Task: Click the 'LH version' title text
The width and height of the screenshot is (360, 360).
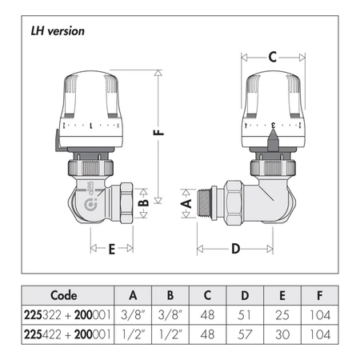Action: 58,31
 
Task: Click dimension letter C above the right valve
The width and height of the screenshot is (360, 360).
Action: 273,57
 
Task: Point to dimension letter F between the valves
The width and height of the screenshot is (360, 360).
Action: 158,132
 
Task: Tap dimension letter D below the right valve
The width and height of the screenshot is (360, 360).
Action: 235,249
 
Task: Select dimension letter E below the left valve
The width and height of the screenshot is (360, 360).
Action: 112,250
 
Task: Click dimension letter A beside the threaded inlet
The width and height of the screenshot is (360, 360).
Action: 186,203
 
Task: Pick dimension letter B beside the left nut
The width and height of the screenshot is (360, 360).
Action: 144,202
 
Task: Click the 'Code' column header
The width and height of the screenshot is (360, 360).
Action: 64,295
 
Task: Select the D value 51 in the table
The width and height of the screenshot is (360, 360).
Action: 244,315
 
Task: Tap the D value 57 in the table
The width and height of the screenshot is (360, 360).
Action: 244,334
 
